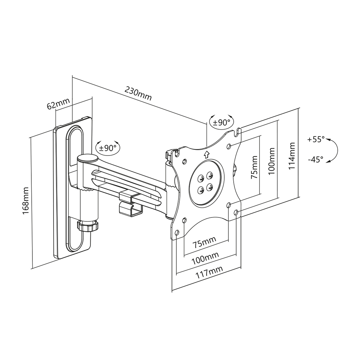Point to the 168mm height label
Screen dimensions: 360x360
[x=26, y=201]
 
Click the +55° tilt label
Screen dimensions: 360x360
[x=316, y=139]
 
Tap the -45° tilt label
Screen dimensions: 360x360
[x=315, y=159]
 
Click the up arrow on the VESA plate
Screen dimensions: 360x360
[x=206, y=154]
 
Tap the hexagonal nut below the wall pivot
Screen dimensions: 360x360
[x=87, y=227]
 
